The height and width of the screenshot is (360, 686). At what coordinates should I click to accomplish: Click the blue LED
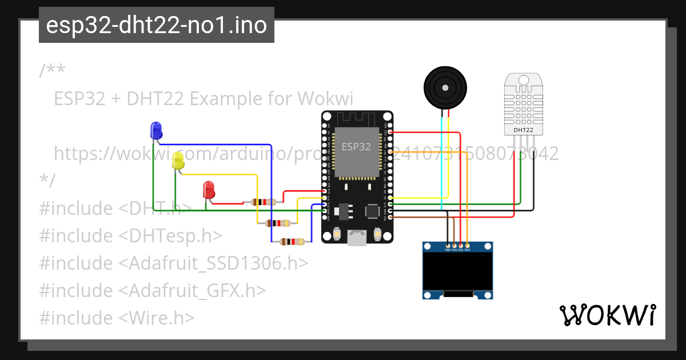[155, 131]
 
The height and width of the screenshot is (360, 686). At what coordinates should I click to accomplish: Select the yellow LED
[178, 161]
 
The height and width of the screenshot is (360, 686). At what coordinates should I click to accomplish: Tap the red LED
[209, 190]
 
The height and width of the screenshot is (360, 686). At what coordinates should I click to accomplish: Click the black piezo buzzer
[445, 87]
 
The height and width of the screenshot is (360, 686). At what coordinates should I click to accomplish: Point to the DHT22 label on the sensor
[523, 130]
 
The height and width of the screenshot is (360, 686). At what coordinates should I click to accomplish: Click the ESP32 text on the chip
[356, 146]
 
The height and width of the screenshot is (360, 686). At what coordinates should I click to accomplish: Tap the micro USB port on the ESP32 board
[357, 238]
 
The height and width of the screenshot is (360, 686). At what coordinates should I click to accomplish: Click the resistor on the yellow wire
[280, 223]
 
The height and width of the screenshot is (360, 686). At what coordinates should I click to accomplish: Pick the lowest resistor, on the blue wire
[292, 242]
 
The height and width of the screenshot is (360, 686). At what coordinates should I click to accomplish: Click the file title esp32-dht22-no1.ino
[156, 26]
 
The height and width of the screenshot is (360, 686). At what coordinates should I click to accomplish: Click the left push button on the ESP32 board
[337, 234]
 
